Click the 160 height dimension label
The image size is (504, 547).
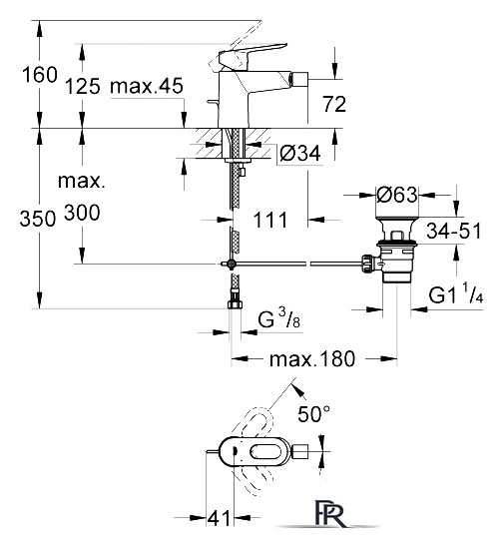point(39,75)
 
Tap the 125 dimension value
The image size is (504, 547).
point(83,86)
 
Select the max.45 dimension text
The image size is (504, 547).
point(147,86)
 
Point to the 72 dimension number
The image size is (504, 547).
point(334,104)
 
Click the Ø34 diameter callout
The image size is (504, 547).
point(300,153)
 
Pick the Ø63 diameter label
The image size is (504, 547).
point(397,195)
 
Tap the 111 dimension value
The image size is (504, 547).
point(270,220)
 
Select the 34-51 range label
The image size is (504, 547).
point(454,231)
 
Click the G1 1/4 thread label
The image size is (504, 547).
point(455,293)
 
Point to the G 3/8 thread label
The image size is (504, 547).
point(279,317)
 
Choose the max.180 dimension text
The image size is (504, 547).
point(312,359)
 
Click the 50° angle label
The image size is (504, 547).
point(313,413)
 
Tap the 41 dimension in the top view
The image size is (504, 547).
point(219,518)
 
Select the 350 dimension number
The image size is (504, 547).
point(38,219)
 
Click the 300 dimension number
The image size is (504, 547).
point(82,212)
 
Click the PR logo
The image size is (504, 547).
point(329,514)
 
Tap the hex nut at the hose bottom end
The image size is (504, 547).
point(236,303)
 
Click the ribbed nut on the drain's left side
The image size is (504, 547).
point(367,265)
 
